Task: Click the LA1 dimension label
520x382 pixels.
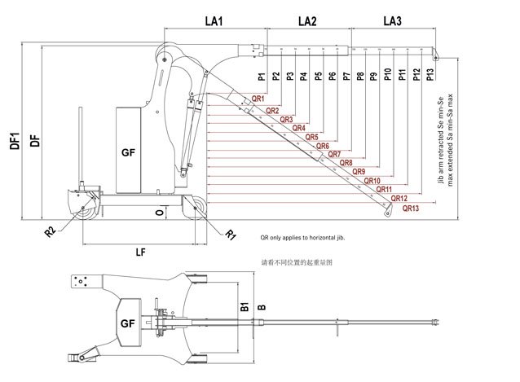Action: (214, 20)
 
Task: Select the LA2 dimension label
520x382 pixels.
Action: (307, 20)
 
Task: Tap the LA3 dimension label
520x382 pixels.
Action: (392, 20)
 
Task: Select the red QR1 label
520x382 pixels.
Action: (258, 99)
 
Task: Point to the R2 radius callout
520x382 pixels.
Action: (50, 231)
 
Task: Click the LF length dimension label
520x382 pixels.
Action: (140, 252)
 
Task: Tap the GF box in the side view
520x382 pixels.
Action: (128, 152)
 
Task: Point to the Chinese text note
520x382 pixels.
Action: (297, 265)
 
